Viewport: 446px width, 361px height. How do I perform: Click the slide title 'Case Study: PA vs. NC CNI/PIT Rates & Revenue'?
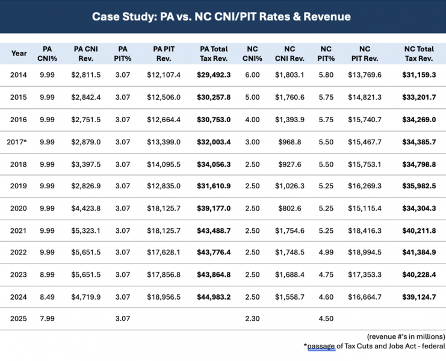pyautogui.click(x=221, y=16)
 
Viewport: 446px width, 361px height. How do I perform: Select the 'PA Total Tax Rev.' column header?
pyautogui.click(x=214, y=54)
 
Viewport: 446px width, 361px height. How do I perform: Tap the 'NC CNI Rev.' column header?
pyautogui.click(x=290, y=54)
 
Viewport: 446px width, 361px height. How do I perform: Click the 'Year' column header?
pyautogui.click(x=19, y=54)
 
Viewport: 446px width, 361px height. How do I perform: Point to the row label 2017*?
pyautogui.click(x=17, y=142)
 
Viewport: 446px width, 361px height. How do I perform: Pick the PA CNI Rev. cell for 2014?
pyautogui.click(x=86, y=75)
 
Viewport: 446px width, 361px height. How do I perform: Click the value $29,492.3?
pyautogui.click(x=214, y=75)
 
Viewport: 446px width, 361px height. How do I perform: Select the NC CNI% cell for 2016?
pyautogui.click(x=252, y=120)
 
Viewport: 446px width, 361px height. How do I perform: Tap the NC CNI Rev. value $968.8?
pyautogui.click(x=290, y=142)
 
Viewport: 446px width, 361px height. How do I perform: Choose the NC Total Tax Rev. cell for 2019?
pyautogui.click(x=419, y=186)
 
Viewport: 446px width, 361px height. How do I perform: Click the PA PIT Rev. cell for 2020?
pyautogui.click(x=164, y=208)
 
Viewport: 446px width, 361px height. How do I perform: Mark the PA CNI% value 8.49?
pyautogui.click(x=47, y=297)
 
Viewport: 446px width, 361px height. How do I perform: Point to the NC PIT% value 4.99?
pyautogui.click(x=326, y=253)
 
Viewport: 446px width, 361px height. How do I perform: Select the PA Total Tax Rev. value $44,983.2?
pyautogui.click(x=214, y=297)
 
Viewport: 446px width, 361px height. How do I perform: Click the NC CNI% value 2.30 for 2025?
pyautogui.click(x=252, y=319)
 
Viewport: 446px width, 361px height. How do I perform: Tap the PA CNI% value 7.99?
pyautogui.click(x=47, y=319)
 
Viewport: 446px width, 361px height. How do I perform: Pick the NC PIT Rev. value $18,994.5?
pyautogui.click(x=365, y=253)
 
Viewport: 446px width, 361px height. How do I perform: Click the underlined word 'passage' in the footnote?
pyautogui.click(x=321, y=346)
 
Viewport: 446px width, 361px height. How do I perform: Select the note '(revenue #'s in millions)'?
pyautogui.click(x=406, y=337)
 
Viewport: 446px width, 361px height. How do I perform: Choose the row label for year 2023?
pyautogui.click(x=19, y=275)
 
